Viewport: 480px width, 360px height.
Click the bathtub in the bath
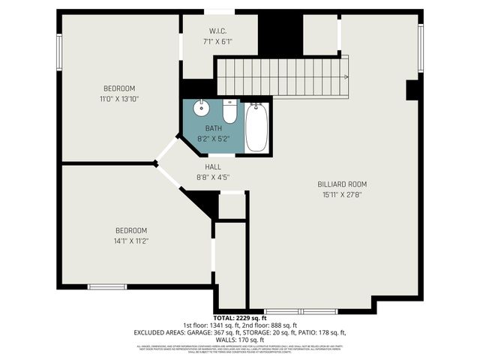(255, 127)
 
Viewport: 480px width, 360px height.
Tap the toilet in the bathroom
(229, 112)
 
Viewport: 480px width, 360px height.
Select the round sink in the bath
(201, 108)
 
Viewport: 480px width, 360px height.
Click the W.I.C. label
(218, 31)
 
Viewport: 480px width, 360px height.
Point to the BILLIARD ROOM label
(342, 184)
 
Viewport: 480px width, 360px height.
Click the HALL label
(212, 166)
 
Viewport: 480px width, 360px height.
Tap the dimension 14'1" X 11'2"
(131, 241)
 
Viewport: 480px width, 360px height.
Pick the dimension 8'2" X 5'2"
(213, 139)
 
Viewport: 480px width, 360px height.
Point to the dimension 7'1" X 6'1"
(218, 42)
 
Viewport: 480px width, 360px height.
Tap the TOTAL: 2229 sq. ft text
(240, 319)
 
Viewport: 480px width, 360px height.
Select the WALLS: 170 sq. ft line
(240, 339)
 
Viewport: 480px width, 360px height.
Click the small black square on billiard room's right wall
(412, 90)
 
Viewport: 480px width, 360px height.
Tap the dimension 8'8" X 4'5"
(212, 178)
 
